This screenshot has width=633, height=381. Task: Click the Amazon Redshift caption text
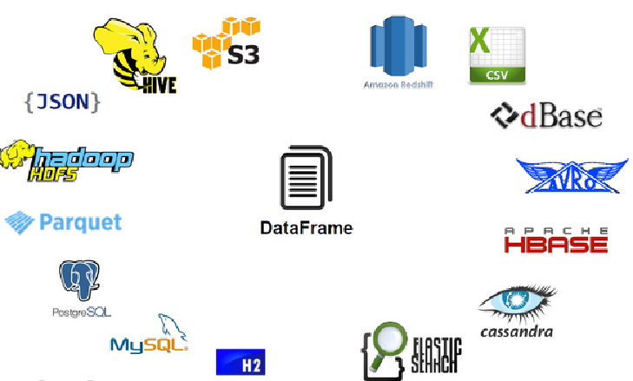click(x=399, y=85)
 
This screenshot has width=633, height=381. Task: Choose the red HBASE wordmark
click(x=556, y=243)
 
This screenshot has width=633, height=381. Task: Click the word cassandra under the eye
click(x=516, y=331)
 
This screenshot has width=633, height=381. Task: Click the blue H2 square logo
click(x=241, y=362)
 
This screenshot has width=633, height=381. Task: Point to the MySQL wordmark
click(x=148, y=345)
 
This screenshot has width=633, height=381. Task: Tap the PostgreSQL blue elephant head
click(x=79, y=279)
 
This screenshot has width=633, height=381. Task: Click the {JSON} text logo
click(x=63, y=102)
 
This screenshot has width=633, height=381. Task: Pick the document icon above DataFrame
click(x=306, y=180)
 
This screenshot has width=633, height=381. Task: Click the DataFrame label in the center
click(x=306, y=228)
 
